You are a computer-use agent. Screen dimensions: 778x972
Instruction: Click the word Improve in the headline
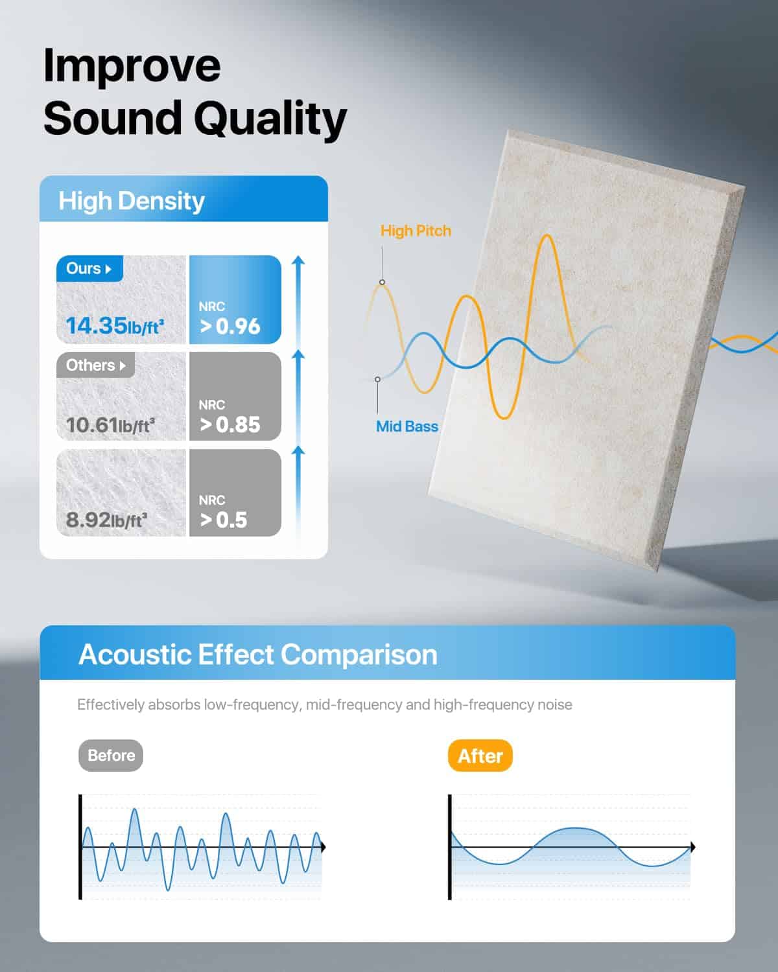[132, 66]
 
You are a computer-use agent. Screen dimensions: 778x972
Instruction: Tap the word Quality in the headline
[270, 119]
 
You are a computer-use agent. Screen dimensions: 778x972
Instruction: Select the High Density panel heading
[132, 201]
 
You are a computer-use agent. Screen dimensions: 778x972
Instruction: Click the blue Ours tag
[89, 269]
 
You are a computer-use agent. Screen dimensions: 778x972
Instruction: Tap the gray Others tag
[95, 365]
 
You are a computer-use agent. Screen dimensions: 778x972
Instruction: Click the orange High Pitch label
[416, 231]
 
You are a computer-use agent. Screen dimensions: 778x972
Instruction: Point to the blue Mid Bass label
[407, 426]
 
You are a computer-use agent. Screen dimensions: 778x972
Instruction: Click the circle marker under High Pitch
[382, 283]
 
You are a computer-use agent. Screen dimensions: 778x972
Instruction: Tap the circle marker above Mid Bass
[377, 380]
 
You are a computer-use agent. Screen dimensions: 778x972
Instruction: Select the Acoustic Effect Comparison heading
[258, 654]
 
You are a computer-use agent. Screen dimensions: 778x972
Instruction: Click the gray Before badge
[111, 755]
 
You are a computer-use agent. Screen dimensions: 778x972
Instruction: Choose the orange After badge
[480, 756]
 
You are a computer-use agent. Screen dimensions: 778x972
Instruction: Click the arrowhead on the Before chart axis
[324, 846]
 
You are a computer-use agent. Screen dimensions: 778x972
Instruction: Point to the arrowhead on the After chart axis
[693, 847]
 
